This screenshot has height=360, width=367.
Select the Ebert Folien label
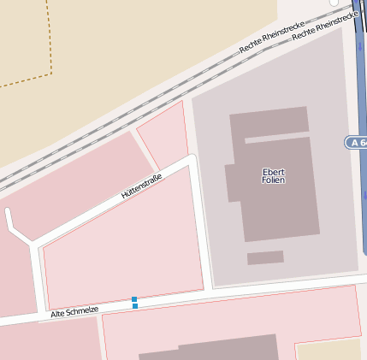point(274,176)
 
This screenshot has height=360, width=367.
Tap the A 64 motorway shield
point(357,142)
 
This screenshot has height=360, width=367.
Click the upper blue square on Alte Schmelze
point(134,299)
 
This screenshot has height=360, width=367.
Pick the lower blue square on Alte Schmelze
point(135,306)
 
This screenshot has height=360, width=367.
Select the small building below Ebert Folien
point(265,257)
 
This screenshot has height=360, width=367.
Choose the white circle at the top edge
point(334,3)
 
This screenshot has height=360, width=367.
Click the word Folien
point(274,180)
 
